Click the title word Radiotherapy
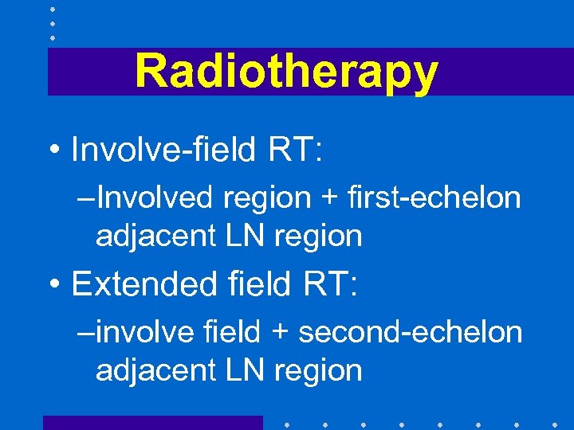[286, 72]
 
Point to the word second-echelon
[411, 332]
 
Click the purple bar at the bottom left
[152, 422]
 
